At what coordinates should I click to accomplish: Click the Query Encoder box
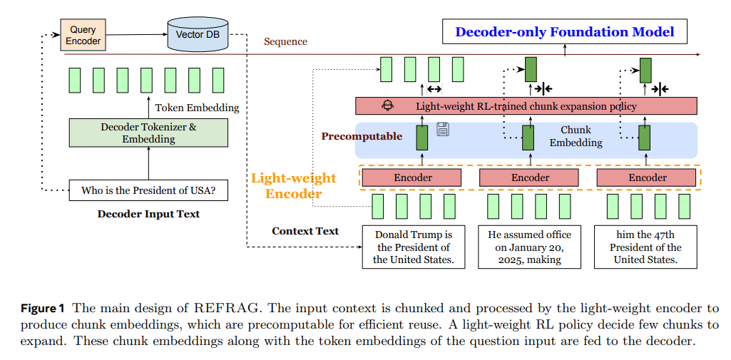click(x=83, y=36)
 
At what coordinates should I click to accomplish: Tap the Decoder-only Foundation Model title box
click(x=564, y=31)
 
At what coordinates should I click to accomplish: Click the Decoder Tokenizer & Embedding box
click(x=148, y=133)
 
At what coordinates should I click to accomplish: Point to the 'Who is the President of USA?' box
click(x=148, y=190)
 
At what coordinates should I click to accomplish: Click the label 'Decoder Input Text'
click(x=148, y=214)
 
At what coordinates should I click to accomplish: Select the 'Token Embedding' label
click(x=197, y=108)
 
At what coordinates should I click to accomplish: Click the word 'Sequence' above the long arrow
click(x=285, y=41)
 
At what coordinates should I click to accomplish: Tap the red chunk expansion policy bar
click(x=526, y=106)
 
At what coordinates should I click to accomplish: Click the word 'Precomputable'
click(x=362, y=136)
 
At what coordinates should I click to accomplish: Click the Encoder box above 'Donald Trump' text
click(x=411, y=178)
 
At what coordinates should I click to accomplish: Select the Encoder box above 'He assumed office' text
click(x=529, y=178)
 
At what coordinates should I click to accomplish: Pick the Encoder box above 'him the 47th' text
click(x=647, y=178)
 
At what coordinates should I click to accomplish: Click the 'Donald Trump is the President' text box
click(x=414, y=247)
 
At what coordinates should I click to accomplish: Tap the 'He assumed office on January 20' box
click(x=529, y=247)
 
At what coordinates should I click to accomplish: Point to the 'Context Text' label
click(x=305, y=231)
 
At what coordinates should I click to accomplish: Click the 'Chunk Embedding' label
click(x=576, y=136)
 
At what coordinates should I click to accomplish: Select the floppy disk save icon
click(x=442, y=128)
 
